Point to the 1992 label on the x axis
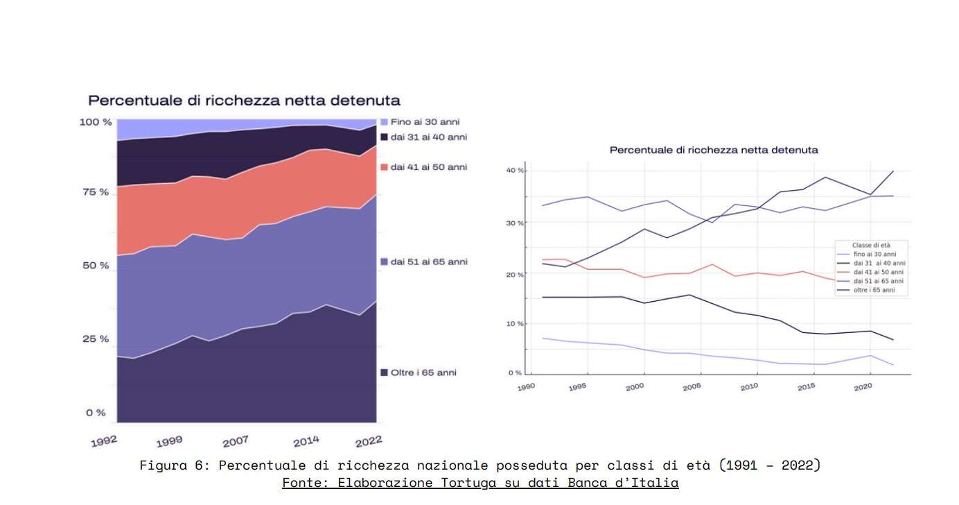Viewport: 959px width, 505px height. click(104, 441)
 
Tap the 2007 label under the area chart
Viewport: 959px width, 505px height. click(236, 442)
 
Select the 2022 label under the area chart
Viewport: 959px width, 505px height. click(368, 441)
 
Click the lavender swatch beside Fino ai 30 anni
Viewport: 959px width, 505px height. click(384, 122)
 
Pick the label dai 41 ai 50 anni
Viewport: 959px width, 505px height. click(428, 167)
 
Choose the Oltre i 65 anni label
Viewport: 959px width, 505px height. click(423, 373)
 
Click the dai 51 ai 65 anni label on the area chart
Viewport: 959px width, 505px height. click(428, 262)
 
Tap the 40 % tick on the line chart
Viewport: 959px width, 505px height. click(514, 171)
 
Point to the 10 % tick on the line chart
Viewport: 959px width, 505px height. click(514, 324)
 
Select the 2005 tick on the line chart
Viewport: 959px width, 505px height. click(692, 387)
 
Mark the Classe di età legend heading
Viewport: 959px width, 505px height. click(870, 246)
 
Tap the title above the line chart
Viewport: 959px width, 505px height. click(714, 150)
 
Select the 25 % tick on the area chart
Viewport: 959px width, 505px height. click(96, 339)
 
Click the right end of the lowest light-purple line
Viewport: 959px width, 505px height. click(892, 365)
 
